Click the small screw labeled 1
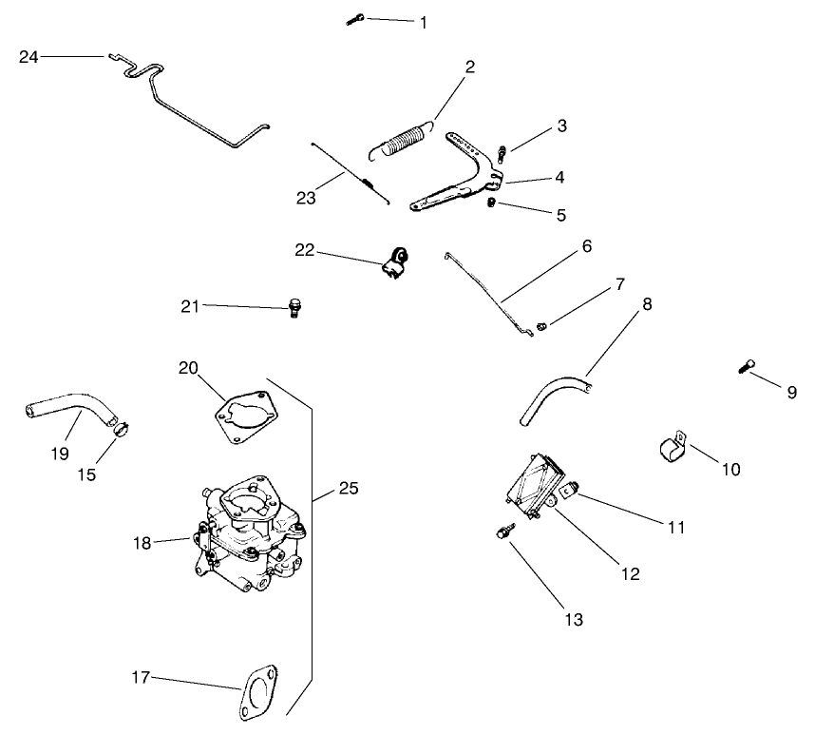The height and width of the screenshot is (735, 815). click(x=355, y=18)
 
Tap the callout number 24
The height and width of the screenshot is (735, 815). click(x=29, y=57)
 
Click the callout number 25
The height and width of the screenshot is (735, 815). click(x=349, y=490)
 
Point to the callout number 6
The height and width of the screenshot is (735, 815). click(x=586, y=246)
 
